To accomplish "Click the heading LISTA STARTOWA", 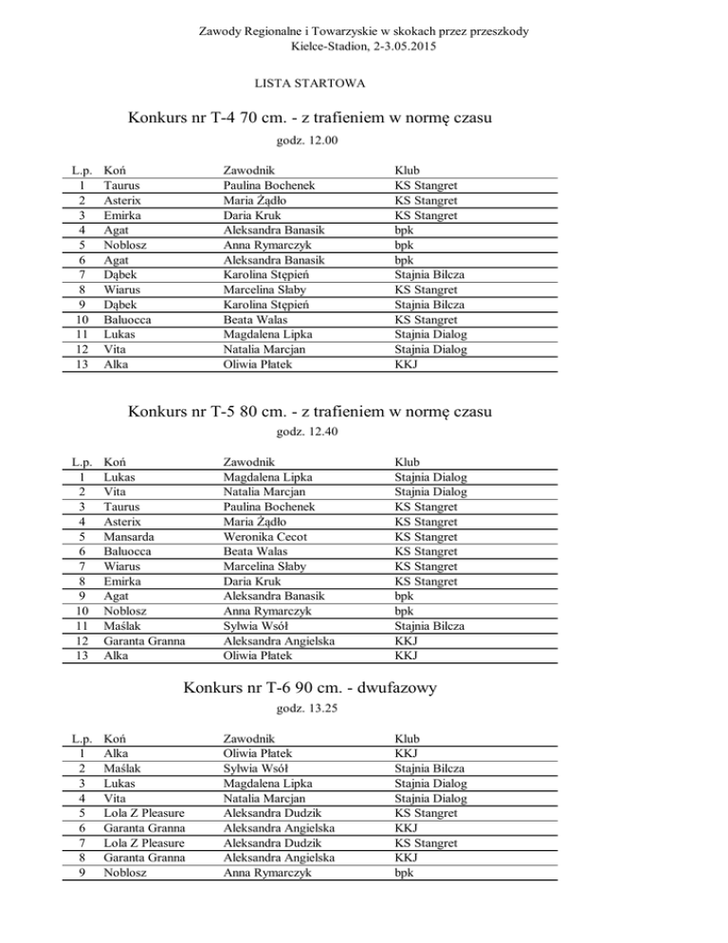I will tap(310, 84).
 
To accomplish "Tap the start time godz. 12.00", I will tap(307, 141).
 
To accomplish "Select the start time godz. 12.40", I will tap(307, 432).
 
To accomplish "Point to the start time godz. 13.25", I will tap(307, 709).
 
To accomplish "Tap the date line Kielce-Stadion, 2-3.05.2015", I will tap(364, 46).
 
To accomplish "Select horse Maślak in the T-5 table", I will tap(124, 624).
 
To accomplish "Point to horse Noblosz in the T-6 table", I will tap(130, 872).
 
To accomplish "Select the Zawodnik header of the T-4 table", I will tap(249, 172).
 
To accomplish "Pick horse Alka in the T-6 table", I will tap(118, 752).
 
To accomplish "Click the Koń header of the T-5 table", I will tap(117, 462).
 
